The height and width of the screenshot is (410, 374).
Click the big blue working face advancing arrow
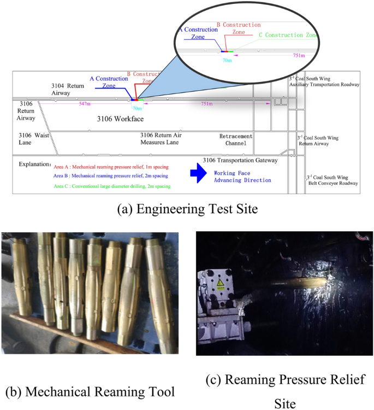tap(198, 174)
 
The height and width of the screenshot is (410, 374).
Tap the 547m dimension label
tap(85, 103)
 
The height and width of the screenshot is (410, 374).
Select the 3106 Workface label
tap(119, 118)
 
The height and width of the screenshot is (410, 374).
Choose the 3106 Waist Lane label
tap(33, 138)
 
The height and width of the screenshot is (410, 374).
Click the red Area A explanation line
tap(111, 166)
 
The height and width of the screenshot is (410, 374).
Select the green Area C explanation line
tap(112, 186)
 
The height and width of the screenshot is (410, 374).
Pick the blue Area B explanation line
tap(111, 176)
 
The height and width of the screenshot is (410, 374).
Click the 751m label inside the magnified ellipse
tap(299, 56)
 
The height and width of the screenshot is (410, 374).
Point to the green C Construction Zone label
tap(287, 35)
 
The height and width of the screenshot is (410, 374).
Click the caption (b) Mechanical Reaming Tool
tap(90, 391)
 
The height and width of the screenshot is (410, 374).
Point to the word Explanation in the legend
tap(35, 164)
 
